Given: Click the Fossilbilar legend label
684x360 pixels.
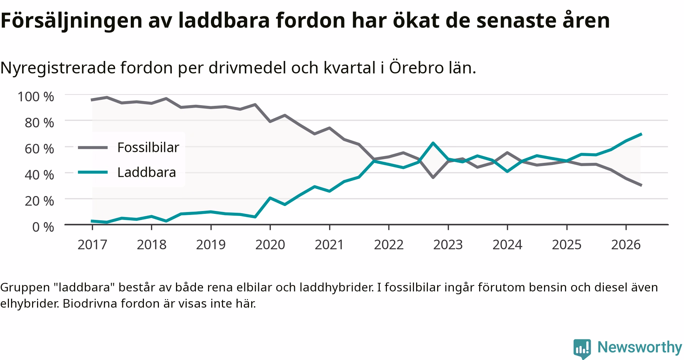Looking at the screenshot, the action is pos(148,147).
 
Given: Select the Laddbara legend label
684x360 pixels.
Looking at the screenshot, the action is pos(147,173).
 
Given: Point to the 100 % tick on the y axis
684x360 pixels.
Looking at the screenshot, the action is pos(36,97).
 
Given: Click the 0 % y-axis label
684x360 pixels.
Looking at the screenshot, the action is pos(43,227).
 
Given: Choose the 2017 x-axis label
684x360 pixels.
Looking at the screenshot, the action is pos(92,245).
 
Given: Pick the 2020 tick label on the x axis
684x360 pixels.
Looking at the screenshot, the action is pos(270,245).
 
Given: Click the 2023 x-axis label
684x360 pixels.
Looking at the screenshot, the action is pos(448,245).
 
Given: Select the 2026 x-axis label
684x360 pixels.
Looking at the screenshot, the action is pos(626,245).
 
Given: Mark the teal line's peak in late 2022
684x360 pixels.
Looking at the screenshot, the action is pos(433,143).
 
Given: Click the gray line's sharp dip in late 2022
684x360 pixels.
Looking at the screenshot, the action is pos(433,177).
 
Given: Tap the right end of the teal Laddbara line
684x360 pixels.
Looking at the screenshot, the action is pos(641,134).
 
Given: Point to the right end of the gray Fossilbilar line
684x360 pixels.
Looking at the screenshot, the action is pos(641,185).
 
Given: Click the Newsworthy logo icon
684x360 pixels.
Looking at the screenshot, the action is pos(582,349).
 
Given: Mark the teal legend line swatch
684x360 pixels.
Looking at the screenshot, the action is pos(93,173).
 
